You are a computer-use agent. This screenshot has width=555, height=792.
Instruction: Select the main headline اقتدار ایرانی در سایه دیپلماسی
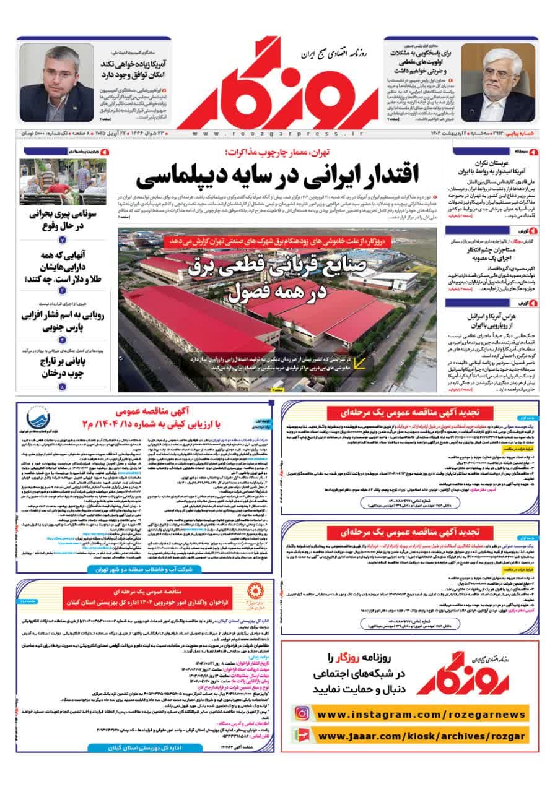278,176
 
